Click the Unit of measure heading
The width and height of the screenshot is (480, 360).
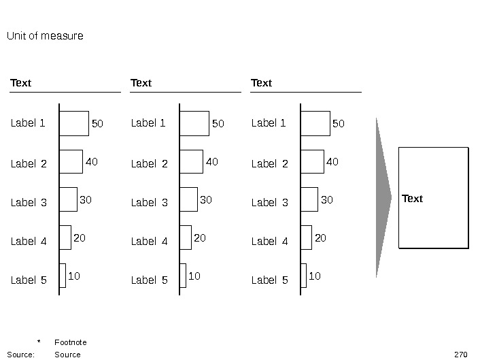[45, 35]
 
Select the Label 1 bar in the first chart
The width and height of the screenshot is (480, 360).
[74, 123]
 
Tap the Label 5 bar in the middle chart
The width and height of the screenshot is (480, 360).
[183, 276]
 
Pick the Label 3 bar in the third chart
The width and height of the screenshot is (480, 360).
[309, 199]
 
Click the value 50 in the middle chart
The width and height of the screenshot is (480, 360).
[218, 124]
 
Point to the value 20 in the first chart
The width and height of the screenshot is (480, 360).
[80, 238]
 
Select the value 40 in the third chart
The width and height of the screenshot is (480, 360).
[332, 162]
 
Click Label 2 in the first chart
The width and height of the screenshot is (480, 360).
[29, 163]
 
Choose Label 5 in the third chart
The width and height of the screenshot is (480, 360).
[269, 280]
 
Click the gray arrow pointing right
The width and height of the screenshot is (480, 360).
[383, 197]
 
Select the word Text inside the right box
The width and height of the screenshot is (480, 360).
[412, 199]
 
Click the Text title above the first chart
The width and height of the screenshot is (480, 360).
[20, 83]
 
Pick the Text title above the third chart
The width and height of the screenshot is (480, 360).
[261, 83]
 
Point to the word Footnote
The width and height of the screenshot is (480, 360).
[70, 342]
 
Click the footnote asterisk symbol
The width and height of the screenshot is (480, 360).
[39, 342]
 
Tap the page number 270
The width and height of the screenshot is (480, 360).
[461, 355]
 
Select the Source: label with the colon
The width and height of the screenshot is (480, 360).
[20, 355]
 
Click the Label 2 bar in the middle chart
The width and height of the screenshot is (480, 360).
[192, 162]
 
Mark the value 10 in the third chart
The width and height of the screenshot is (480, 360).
[314, 276]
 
